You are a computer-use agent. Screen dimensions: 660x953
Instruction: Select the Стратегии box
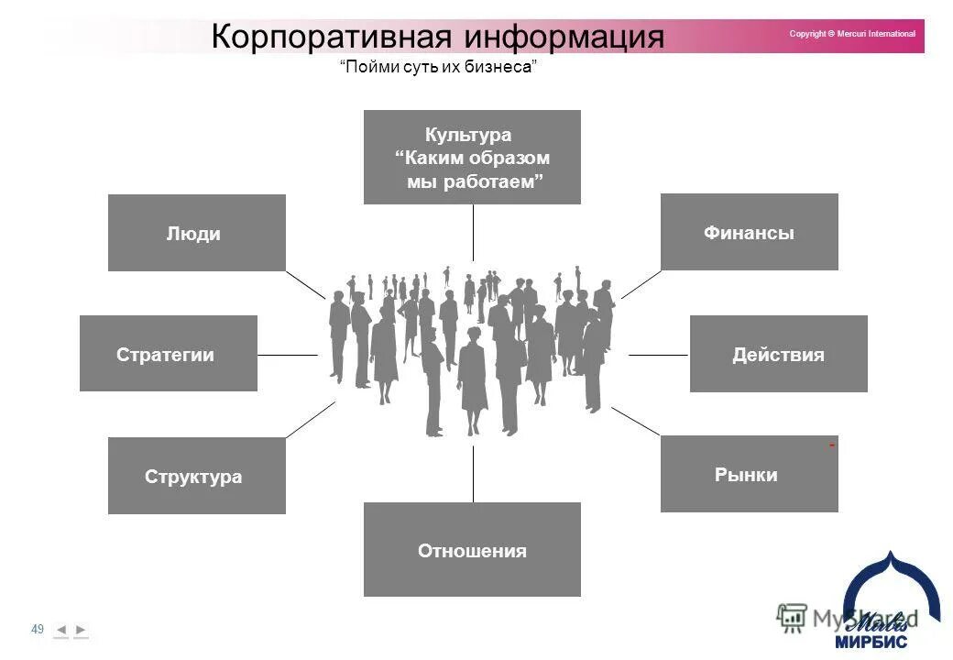coord(168,354)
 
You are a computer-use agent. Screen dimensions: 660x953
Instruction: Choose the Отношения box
coord(472,550)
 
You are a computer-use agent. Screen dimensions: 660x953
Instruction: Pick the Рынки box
coord(749,474)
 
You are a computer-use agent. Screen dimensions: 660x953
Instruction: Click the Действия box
coord(778,354)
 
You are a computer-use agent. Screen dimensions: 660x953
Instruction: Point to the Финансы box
coord(749,232)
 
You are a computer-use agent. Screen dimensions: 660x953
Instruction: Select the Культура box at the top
coord(472,157)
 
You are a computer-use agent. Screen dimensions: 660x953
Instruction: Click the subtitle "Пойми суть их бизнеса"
coord(438,69)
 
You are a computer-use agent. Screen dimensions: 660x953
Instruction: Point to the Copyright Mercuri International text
coord(852,34)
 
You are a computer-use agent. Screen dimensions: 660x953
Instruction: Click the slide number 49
coord(38,629)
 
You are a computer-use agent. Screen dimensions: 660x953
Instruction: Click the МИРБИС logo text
coord(871,642)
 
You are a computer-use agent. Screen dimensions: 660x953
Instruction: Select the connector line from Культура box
coord(473,232)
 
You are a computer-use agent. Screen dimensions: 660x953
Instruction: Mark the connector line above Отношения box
coord(473,474)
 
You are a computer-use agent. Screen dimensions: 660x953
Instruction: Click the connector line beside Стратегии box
coord(287,355)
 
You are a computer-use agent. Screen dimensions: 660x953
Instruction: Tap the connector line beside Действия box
coord(658,355)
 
